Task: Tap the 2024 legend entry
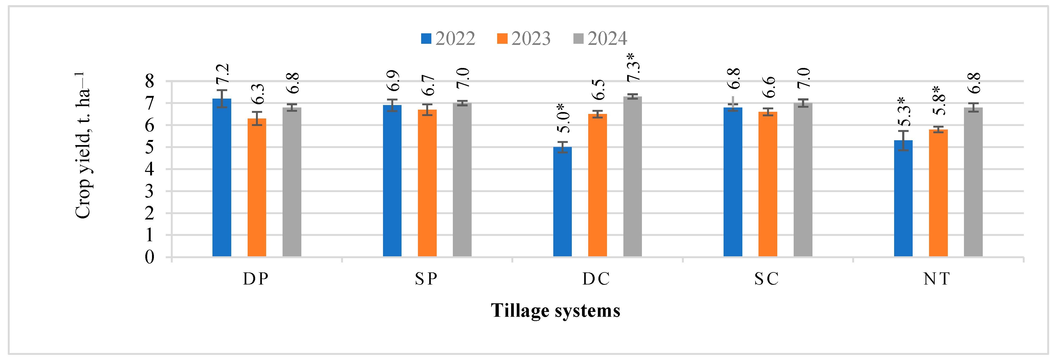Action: (600, 38)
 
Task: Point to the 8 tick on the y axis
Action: (150, 81)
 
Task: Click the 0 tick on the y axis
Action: (150, 257)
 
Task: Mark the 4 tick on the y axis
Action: (150, 169)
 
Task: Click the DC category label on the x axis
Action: (596, 279)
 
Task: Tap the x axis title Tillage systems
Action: (555, 311)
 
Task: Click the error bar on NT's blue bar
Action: (903, 141)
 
